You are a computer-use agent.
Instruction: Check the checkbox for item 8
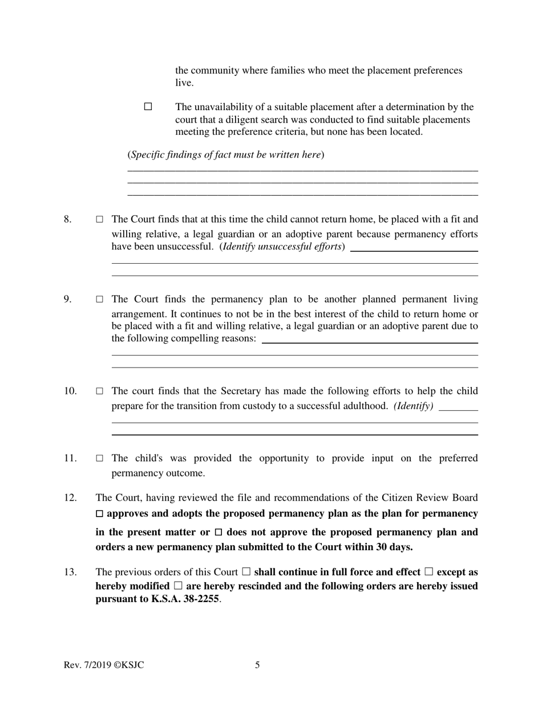[100, 219]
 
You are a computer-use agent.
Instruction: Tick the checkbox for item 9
[100, 299]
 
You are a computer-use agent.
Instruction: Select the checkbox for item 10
[100, 392]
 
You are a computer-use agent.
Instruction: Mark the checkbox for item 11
[100, 458]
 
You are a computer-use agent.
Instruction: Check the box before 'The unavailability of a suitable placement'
[148, 107]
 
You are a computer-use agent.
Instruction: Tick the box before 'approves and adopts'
[100, 514]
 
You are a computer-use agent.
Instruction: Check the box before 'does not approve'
[219, 532]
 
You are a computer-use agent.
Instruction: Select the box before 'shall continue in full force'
[246, 572]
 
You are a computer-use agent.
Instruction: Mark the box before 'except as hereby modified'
[428, 572]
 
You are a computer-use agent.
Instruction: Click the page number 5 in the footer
[257, 665]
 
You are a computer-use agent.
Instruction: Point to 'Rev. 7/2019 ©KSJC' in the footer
[104, 665]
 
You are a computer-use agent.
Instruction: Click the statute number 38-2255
[199, 600]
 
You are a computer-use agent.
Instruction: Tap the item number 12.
[70, 498]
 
